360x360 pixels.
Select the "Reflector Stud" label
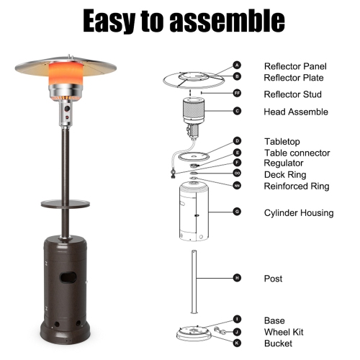pos(292,94)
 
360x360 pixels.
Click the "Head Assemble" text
pos(296,112)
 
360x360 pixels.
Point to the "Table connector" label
pos(297,153)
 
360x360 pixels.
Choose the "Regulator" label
pos(284,163)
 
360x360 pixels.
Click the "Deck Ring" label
pos(285,174)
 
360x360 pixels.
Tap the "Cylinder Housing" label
pos(298,212)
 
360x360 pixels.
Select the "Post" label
pos(273,279)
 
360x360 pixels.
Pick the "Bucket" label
pos(278,343)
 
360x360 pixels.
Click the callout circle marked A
pos(238,66)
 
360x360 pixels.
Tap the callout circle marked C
pos(238,112)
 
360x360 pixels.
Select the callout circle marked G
pos(238,212)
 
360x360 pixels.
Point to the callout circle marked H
pos(238,278)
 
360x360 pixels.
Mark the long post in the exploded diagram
pos(193,282)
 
